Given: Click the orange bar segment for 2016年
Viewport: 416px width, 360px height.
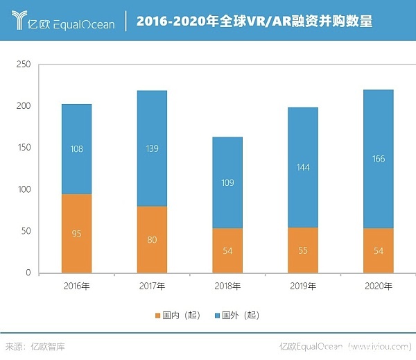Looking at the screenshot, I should (76, 233).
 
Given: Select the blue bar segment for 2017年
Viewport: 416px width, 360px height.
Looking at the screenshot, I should (152, 148).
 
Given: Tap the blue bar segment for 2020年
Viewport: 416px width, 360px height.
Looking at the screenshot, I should (378, 159).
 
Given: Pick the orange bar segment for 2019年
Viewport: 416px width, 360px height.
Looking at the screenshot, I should (302, 250).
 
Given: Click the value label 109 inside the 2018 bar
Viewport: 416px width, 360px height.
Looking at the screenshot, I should (227, 184).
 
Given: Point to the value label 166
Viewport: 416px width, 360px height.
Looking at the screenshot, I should (378, 159).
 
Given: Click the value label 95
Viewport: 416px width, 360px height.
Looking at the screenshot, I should (76, 234).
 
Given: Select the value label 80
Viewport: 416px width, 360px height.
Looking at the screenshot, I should (152, 240).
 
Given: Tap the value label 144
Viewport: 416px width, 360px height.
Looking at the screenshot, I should (302, 168).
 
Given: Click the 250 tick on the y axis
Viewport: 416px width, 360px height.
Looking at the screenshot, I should (24, 65).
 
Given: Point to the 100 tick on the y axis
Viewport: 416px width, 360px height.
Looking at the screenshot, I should (24, 189).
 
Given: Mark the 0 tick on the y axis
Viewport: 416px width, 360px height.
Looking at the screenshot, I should (28, 273).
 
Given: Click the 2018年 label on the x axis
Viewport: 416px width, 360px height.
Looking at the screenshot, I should (227, 286).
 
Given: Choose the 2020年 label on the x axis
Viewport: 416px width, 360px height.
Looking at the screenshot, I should (378, 286).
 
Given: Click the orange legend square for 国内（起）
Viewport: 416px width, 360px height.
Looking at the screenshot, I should (157, 316).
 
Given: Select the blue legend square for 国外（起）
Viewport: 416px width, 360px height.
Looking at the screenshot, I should (217, 316).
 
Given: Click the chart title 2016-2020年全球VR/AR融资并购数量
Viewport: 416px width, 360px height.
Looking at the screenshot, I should (254, 22).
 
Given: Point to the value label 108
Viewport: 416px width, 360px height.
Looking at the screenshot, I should (76, 148).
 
